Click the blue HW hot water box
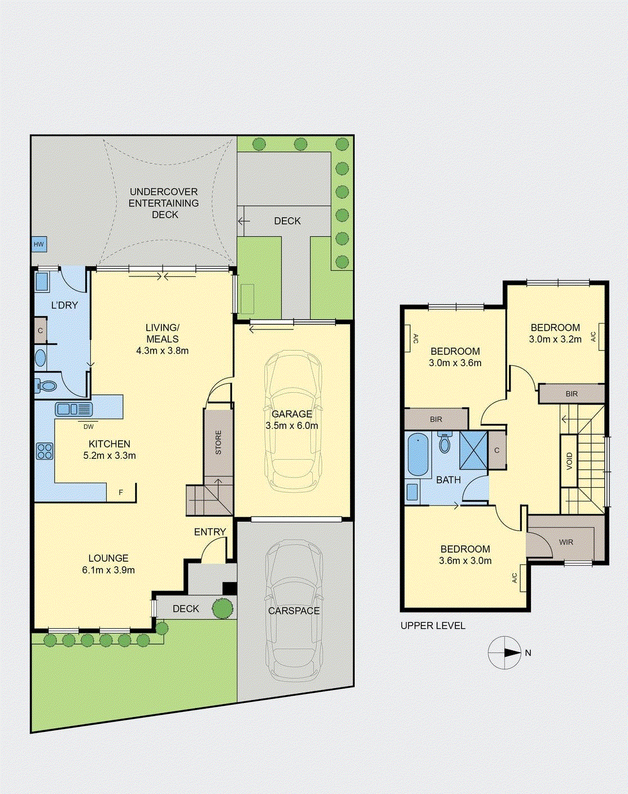tap(39, 244)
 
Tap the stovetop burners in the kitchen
tap(45, 451)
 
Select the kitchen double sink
tap(74, 409)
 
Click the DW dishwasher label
tap(89, 427)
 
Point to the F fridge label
tap(121, 492)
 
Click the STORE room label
tap(219, 442)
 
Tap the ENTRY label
tap(210, 532)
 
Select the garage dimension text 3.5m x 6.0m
tap(291, 426)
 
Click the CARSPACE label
tap(294, 611)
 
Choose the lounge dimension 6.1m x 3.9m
tap(108, 570)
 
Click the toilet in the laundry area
tap(45, 386)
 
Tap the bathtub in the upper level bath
tap(418, 454)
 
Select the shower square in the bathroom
tap(473, 450)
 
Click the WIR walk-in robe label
tap(566, 542)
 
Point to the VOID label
tap(569, 461)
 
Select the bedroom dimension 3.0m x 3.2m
tap(555, 339)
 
